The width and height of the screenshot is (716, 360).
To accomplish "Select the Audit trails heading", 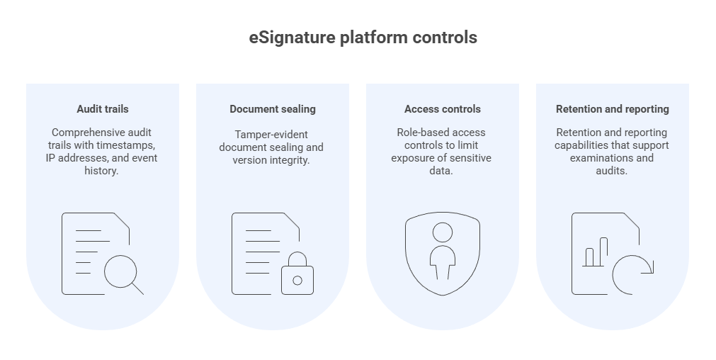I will click(103, 109).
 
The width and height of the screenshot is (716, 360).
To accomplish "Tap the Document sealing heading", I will click(273, 109).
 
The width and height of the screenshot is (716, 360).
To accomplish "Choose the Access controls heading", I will click(443, 109).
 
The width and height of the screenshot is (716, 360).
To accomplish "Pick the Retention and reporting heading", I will click(613, 109).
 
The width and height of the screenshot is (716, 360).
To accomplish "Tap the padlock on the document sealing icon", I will click(297, 275).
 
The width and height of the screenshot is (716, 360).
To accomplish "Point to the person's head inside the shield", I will click(443, 232).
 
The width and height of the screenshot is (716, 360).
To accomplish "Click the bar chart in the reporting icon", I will click(595, 253).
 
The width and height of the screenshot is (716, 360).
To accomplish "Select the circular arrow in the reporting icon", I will click(632, 275).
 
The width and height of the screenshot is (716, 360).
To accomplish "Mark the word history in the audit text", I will click(103, 171).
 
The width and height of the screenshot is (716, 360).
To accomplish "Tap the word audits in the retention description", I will click(612, 171).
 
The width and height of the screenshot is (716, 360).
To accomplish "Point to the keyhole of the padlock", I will click(297, 281).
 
